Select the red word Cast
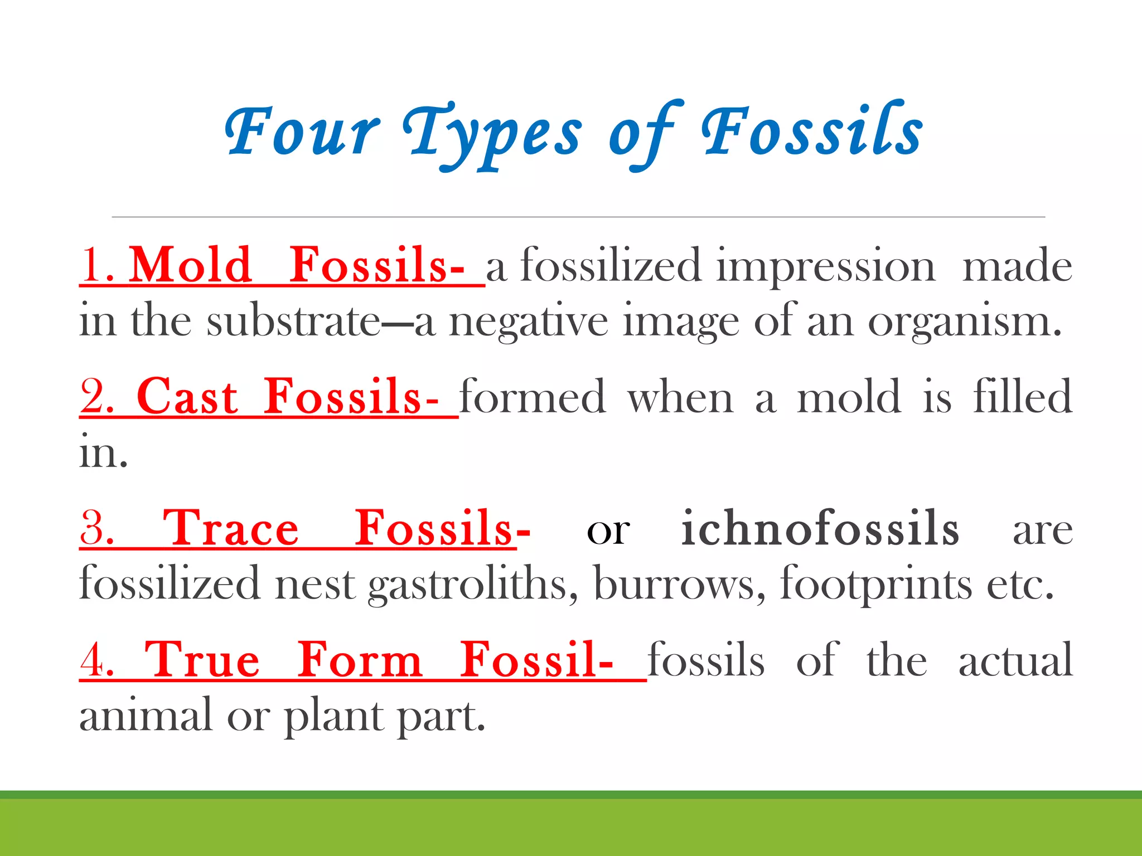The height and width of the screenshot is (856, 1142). click(187, 397)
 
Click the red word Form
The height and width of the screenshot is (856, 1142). click(359, 660)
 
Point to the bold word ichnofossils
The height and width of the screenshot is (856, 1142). click(820, 529)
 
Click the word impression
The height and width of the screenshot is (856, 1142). click(826, 267)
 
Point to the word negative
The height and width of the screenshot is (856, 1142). click(529, 322)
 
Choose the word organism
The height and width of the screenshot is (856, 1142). click(964, 322)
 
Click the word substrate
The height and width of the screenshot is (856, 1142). click(293, 322)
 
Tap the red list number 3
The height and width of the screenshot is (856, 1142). click(97, 529)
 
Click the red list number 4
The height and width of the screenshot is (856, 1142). click(97, 660)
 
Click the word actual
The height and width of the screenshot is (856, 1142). click(1015, 660)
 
